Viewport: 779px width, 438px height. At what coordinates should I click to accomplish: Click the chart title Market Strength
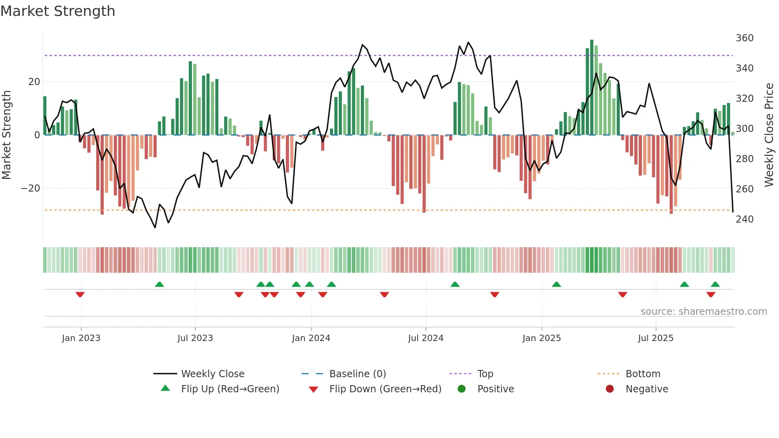(58, 11)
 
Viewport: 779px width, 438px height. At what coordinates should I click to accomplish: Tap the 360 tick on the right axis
(744, 38)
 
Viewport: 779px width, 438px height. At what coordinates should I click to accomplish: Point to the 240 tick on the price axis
(744, 219)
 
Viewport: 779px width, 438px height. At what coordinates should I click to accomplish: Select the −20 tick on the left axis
(31, 188)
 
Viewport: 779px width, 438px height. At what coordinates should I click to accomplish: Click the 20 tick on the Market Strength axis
(34, 82)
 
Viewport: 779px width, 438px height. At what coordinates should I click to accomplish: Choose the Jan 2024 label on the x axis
(311, 338)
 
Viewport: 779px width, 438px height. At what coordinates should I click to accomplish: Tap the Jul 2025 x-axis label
(655, 338)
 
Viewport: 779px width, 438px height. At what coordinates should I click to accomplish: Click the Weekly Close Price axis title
(769, 135)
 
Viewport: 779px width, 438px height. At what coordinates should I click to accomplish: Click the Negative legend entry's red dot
(610, 389)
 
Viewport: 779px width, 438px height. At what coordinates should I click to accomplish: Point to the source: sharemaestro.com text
(703, 312)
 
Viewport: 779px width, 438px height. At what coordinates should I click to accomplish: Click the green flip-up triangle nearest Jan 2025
(556, 285)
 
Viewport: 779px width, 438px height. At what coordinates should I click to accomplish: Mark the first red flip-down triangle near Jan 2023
(80, 295)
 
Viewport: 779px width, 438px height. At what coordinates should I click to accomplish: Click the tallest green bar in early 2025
(592, 87)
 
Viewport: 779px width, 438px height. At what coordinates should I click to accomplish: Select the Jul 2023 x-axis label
(195, 338)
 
